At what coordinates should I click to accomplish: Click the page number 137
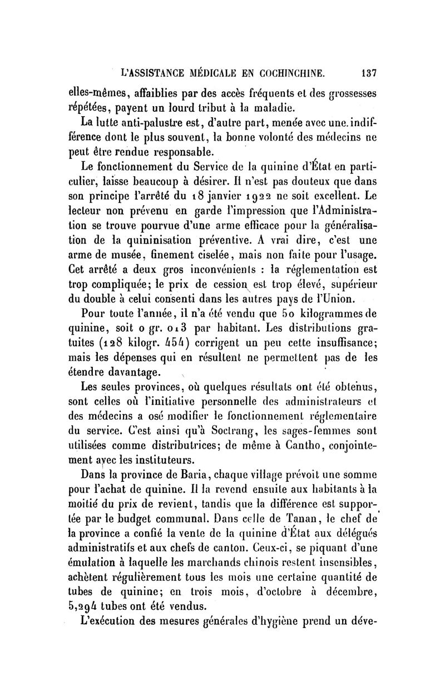(x=369, y=72)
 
